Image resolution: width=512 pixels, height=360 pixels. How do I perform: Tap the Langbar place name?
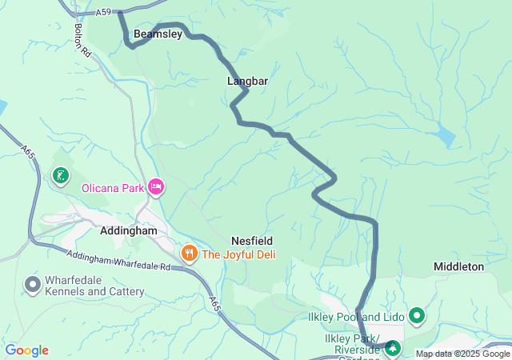coord(247,82)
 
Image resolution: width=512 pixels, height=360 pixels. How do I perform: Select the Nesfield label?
coord(252,240)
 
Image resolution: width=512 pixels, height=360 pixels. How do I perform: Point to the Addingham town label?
coord(134,230)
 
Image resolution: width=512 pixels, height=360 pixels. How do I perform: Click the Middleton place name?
coord(458,266)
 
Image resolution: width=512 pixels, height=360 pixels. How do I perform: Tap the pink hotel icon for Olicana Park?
coord(156,188)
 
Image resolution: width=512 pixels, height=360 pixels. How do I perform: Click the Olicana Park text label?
coord(112,189)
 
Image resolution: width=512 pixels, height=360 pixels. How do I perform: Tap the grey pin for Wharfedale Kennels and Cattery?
coord(32,284)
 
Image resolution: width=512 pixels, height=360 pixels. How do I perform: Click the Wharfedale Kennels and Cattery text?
coord(95,286)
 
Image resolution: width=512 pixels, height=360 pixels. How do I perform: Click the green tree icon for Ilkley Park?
coord(393,347)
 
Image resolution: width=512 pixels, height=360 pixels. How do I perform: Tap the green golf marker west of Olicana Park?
coord(61,174)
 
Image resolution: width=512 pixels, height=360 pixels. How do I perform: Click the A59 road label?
coord(102,13)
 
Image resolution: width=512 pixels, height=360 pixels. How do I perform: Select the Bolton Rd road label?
coord(82,38)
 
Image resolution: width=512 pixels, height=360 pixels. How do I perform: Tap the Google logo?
coord(27,350)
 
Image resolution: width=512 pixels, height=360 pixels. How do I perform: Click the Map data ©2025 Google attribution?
coord(462,354)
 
